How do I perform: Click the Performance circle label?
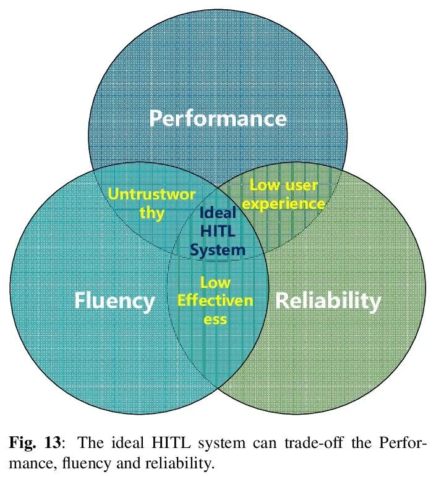pos(218,118)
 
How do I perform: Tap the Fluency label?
pos(114,301)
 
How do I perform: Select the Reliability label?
pos(328,301)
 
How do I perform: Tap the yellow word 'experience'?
pos(287,203)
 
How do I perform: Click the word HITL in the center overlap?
pos(217,231)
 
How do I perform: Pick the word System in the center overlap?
pos(217,250)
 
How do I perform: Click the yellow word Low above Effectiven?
pos(215,282)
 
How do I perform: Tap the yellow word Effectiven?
pos(215,301)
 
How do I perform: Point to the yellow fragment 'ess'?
pos(215,319)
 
